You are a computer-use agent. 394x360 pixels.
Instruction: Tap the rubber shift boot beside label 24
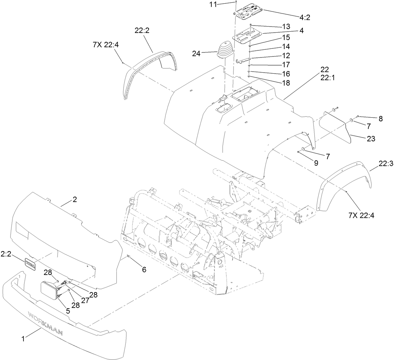coord(225,51)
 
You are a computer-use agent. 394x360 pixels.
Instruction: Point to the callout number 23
coord(371,138)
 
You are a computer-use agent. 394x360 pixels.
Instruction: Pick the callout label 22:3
coord(386,164)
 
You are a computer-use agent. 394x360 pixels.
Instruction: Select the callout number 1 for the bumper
coord(23,339)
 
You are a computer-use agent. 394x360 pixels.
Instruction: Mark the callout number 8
coord(381,118)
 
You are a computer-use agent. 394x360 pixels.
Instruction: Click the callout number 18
coord(286,83)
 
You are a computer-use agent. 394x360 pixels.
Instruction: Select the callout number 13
coord(286,27)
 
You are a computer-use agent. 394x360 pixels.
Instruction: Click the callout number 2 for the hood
coord(75,200)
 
